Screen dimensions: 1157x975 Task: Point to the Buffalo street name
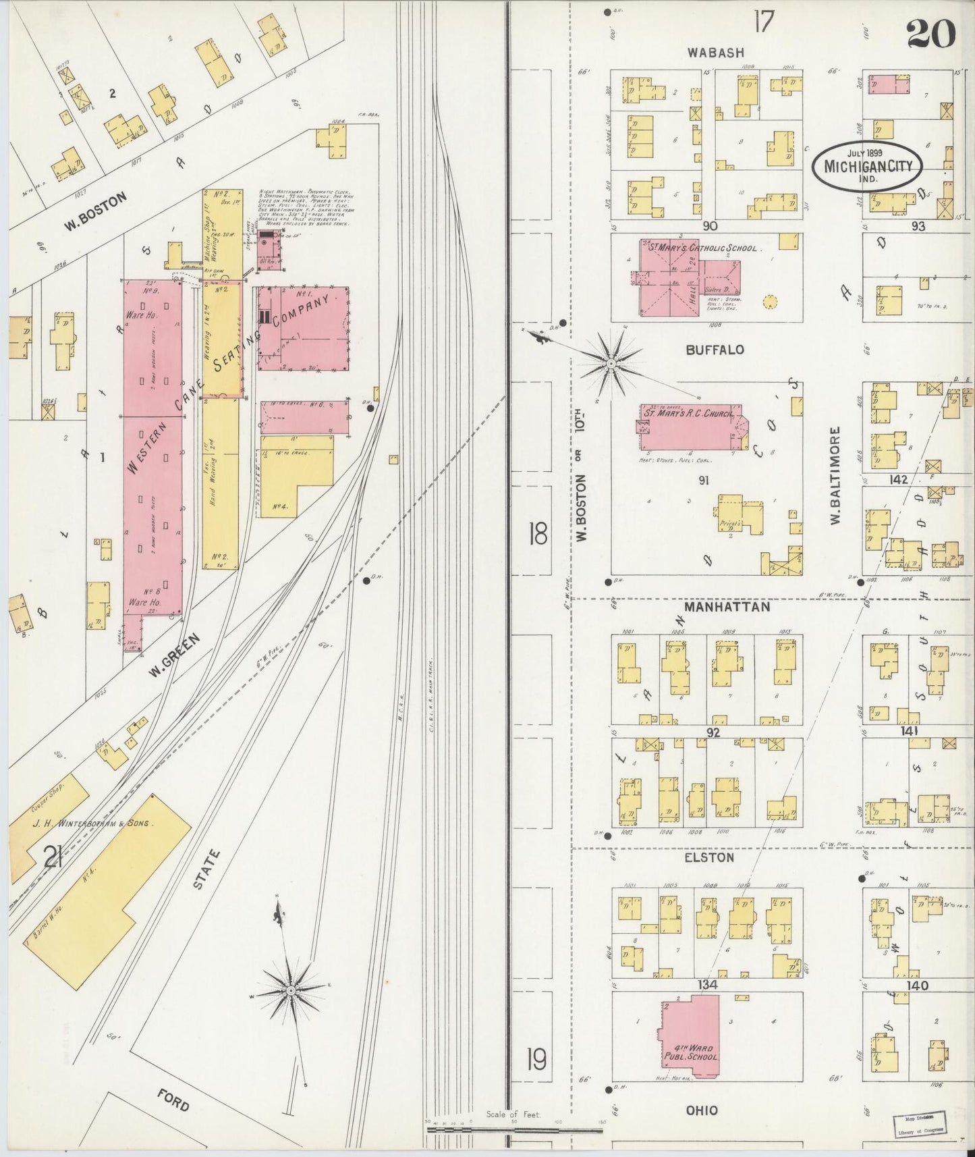(x=715, y=350)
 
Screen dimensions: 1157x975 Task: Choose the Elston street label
(x=708, y=857)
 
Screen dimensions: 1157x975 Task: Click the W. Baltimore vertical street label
(x=835, y=476)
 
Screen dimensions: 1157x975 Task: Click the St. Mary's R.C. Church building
(x=692, y=427)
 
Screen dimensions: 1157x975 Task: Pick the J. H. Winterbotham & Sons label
(x=87, y=824)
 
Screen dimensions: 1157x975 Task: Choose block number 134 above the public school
(x=707, y=985)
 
